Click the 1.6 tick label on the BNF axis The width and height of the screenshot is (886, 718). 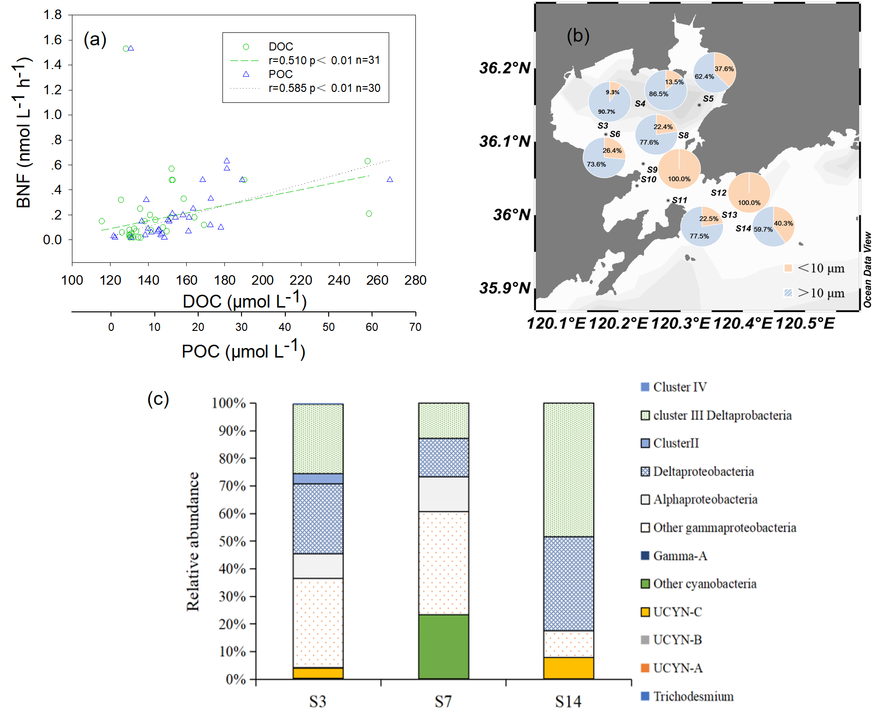coord(52,40)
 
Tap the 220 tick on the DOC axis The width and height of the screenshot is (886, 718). coord(301,280)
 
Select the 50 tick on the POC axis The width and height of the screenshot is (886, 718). coord(328,327)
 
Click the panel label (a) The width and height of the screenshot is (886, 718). coord(95,39)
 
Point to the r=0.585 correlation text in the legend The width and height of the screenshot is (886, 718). coord(324,88)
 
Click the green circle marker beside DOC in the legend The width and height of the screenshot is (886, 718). coord(246,47)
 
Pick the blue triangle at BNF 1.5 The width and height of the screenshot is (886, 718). coord(131,48)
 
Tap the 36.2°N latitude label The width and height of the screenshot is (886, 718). coord(504,68)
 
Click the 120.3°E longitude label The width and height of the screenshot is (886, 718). coord(680,324)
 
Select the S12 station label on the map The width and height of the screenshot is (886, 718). coord(718,193)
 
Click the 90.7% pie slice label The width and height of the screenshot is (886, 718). coord(606,112)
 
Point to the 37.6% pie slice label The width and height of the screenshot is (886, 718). coord(724,69)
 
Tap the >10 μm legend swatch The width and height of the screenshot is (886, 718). coord(788,293)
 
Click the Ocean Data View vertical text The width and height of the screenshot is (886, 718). coord(867,269)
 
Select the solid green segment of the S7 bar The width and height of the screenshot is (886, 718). coord(443,647)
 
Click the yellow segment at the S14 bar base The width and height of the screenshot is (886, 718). coord(568,668)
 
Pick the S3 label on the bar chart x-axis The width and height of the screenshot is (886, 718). coord(318,701)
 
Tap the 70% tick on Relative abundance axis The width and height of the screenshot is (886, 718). coord(232,486)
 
